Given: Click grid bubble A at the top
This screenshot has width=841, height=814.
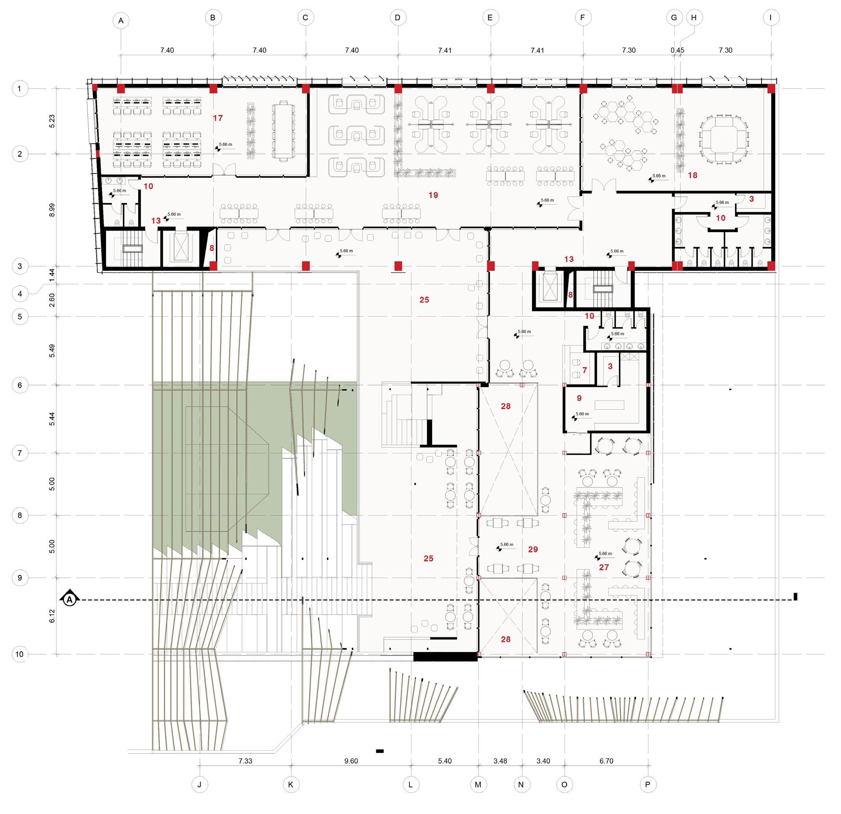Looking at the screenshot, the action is (x=121, y=20).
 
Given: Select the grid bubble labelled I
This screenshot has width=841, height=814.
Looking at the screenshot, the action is (x=771, y=18).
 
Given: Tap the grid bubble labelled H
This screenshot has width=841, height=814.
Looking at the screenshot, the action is (x=694, y=18).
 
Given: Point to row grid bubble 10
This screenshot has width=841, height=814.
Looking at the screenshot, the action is (x=20, y=654).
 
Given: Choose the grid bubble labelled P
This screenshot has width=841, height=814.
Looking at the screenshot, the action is (x=648, y=784).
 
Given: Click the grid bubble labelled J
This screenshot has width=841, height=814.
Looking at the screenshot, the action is (x=199, y=784).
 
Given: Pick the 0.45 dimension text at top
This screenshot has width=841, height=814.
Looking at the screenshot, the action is (x=678, y=50).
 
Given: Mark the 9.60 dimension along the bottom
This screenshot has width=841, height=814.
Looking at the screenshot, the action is (x=351, y=761).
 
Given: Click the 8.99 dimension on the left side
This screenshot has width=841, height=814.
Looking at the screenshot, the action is (x=52, y=210).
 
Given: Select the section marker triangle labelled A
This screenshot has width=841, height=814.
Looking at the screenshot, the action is (x=70, y=599).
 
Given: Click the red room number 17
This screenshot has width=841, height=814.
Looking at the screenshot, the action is (x=218, y=118).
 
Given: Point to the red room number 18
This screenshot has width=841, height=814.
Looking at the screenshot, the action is (x=693, y=175).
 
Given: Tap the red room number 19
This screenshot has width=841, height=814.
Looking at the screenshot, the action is (x=433, y=195).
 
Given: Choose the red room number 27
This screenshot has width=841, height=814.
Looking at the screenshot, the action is (x=604, y=567).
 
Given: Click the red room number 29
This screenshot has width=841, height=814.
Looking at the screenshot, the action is (x=533, y=549).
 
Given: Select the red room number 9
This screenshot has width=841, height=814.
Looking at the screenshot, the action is (x=579, y=398).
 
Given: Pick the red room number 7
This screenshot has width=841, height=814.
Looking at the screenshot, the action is (x=584, y=370).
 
